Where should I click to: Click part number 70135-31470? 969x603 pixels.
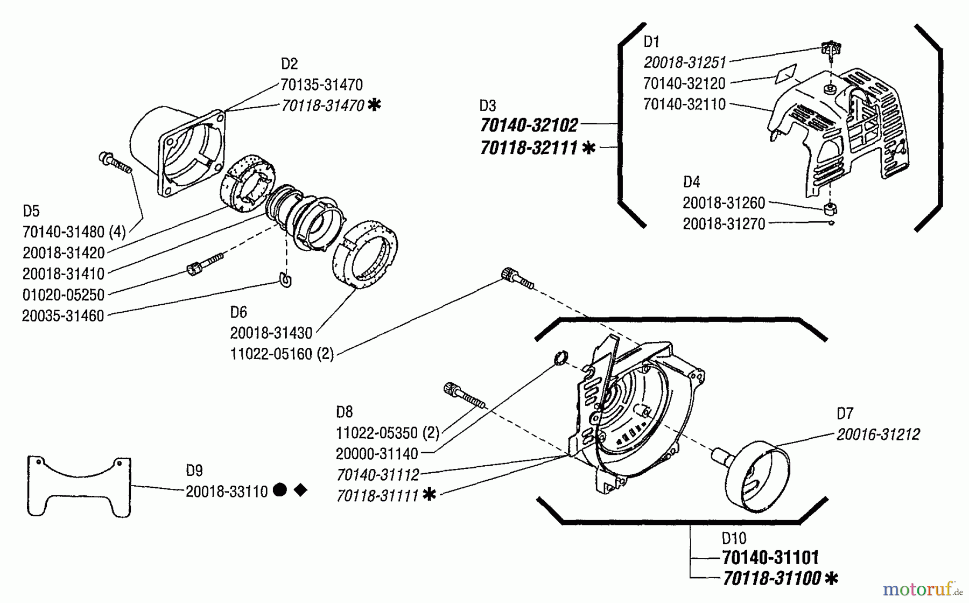pyautogui.click(x=321, y=85)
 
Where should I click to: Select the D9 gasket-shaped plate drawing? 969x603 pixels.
pyautogui.click(x=79, y=487)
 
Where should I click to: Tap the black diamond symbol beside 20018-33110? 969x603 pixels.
pyautogui.click(x=300, y=490)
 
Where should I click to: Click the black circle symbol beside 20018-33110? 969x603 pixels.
pyautogui.click(x=280, y=490)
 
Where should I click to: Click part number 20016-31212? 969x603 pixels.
pyautogui.click(x=878, y=434)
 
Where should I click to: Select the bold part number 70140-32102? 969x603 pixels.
pyautogui.click(x=529, y=125)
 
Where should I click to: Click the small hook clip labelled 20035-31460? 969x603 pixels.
pyautogui.click(x=286, y=281)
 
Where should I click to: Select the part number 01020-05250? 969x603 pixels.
pyautogui.click(x=64, y=295)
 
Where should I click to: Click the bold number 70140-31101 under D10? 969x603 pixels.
pyautogui.click(x=770, y=557)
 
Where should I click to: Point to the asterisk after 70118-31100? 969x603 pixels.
pyautogui.click(x=832, y=579)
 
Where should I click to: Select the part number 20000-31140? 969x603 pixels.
pyautogui.click(x=377, y=454)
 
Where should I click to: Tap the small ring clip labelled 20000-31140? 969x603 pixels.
pyautogui.click(x=561, y=357)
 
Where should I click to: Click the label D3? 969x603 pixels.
pyautogui.click(x=488, y=106)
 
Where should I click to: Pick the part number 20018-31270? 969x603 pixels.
pyautogui.click(x=724, y=224)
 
